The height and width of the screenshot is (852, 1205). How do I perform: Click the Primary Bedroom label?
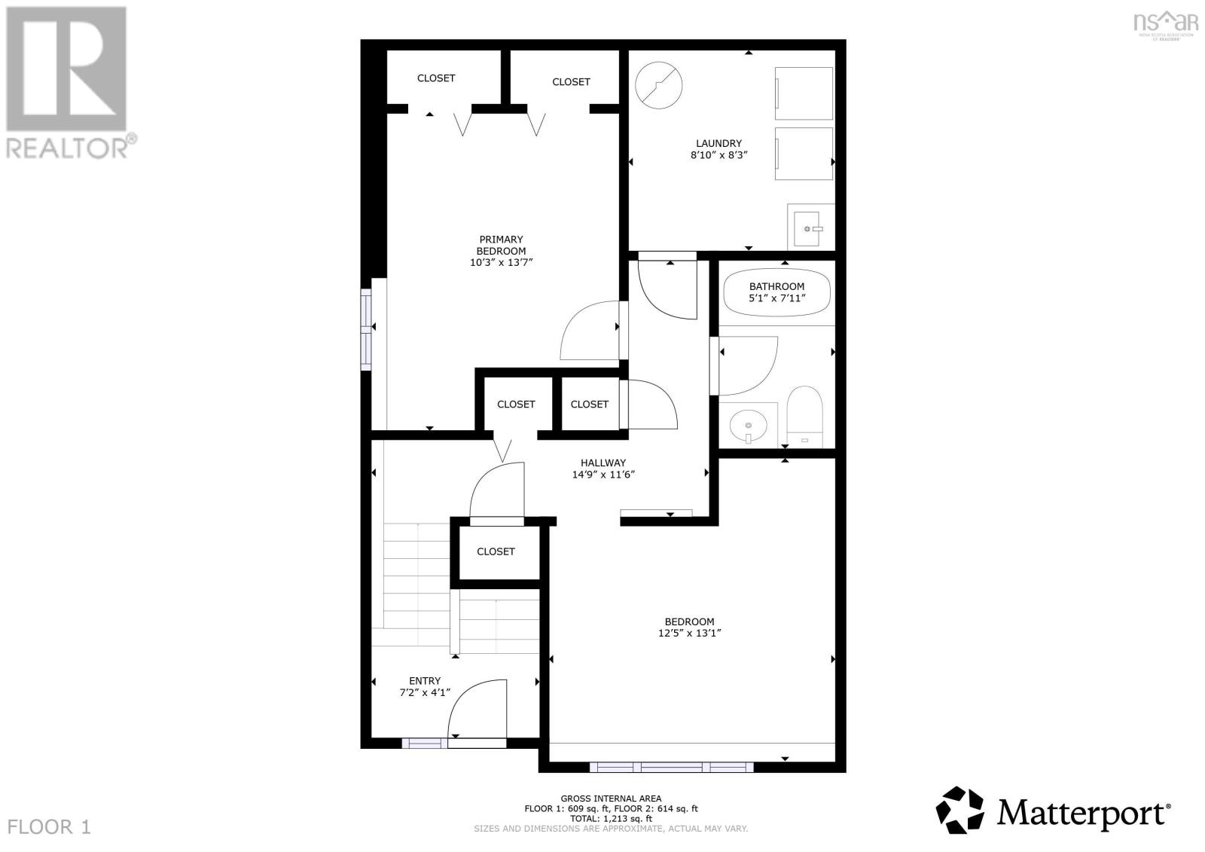coord(501,246)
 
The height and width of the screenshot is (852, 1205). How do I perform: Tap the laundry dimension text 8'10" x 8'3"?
coord(718,155)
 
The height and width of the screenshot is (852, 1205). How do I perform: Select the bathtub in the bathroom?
coord(776,292)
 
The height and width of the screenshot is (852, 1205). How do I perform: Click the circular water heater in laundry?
coord(659,84)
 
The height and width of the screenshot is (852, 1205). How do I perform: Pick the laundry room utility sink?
coord(810,228)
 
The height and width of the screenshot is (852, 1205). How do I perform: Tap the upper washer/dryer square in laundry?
coord(804,93)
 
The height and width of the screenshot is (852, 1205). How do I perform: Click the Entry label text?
coord(425,681)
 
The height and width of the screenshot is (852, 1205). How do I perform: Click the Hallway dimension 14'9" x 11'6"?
coord(602,475)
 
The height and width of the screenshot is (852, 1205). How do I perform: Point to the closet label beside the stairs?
coord(496,551)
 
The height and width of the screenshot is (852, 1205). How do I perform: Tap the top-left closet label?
coord(436,78)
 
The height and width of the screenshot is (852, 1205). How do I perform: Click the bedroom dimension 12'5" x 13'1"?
coord(689,634)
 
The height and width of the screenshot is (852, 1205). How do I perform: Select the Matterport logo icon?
coord(959,810)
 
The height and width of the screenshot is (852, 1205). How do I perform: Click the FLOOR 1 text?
coord(50,827)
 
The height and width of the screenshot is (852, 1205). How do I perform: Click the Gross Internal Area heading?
coord(611,799)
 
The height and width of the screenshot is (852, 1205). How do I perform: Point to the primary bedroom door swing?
coord(591,331)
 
